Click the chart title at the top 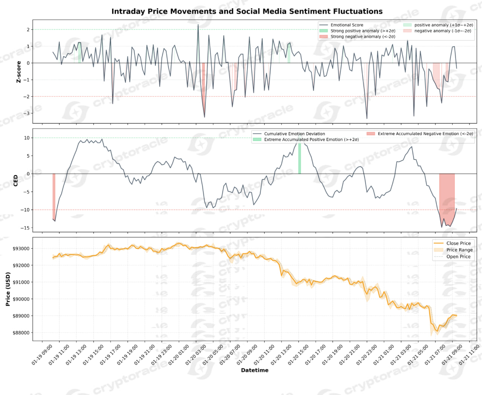[247, 11]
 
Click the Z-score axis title [18, 72]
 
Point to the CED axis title [16, 180]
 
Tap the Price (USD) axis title [8, 289]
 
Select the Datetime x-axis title [255, 370]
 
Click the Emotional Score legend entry [347, 25]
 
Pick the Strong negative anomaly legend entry [363, 36]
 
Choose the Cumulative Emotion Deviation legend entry [294, 134]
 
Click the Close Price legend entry [458, 243]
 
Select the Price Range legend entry [459, 250]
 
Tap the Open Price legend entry [458, 257]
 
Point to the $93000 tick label [21, 249]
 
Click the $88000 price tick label [21, 333]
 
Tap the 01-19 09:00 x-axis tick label [42, 355]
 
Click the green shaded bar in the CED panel [299, 158]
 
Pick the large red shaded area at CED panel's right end [447, 196]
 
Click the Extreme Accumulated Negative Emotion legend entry [425, 134]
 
